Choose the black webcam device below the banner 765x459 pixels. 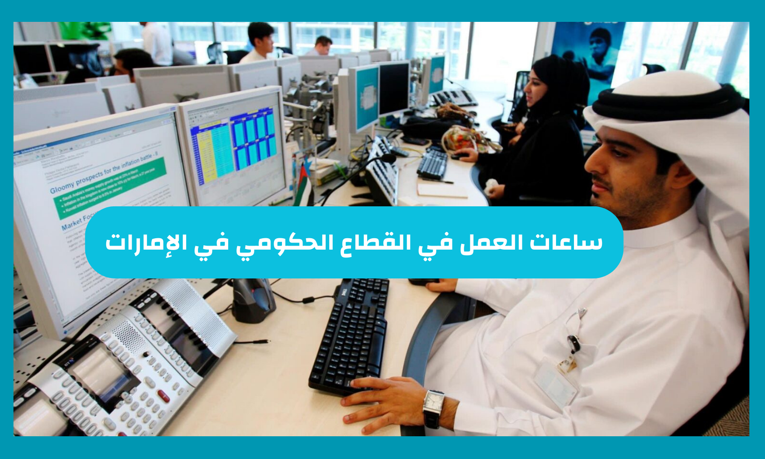coord(253,299)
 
